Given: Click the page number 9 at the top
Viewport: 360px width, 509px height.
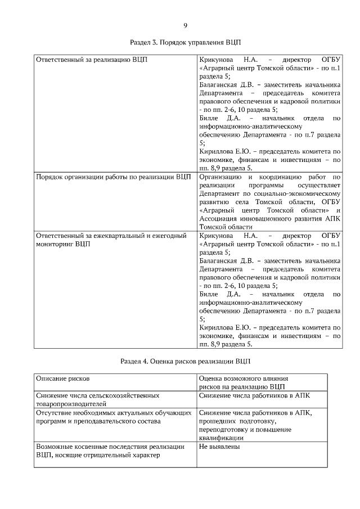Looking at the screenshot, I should point(185,25).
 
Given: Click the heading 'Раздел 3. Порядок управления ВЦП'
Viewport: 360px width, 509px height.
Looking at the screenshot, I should point(185,42).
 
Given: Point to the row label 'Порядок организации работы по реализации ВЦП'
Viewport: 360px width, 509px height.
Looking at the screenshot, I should point(113,177).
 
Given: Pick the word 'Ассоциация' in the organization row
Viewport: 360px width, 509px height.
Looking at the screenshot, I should point(219,218).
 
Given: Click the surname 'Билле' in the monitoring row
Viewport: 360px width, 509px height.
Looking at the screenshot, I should point(209,294).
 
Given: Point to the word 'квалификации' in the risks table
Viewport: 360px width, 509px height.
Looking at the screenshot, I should point(222,438).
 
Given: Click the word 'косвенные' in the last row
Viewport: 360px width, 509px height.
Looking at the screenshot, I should point(94,447).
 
